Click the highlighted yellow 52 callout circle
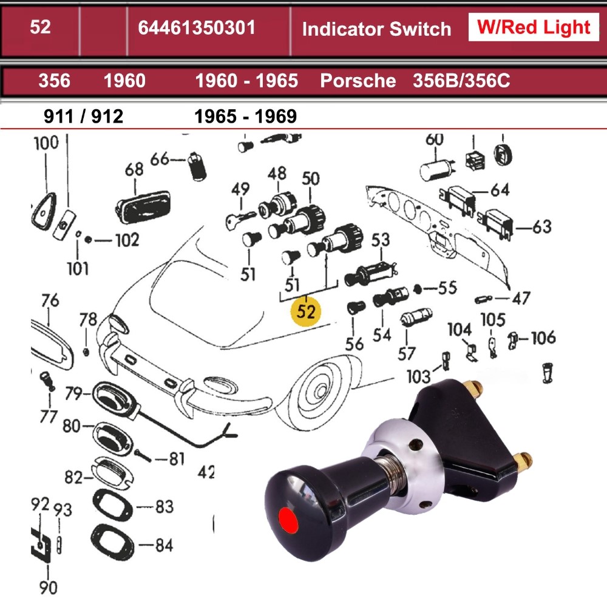pos(307,311)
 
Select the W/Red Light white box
pos(534,27)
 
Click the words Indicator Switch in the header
pos(376,29)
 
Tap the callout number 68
pos(134,169)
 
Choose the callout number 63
pos(542,227)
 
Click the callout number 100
pos(46,143)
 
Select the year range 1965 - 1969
pos(245,116)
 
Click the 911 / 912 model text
pos(84,116)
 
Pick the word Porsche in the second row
pos(358,81)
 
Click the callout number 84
pos(163,545)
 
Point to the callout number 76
pos(50,300)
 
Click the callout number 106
pos(543,337)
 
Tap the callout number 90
pos(49,587)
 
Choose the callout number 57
pos(406,352)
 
